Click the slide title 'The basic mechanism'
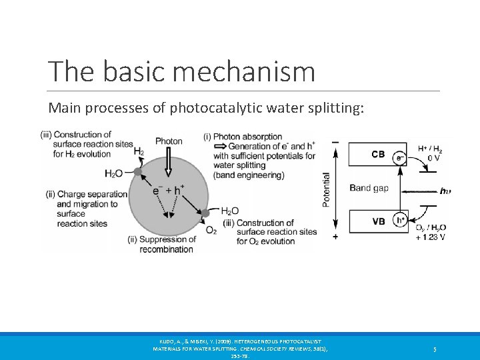pos(181,71)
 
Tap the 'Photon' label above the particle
pos(169,141)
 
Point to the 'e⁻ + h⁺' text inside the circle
pos(168,190)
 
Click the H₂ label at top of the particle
pos(139,152)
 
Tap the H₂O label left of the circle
pos(113,173)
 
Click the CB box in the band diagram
pos(378,155)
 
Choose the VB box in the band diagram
pos(378,221)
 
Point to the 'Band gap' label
pos(369,188)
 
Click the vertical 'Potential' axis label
pos(326,190)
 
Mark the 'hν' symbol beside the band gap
pos(445,191)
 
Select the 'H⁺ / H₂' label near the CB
pos(431,148)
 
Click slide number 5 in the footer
pos(434,349)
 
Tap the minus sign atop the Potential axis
pos(335,141)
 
